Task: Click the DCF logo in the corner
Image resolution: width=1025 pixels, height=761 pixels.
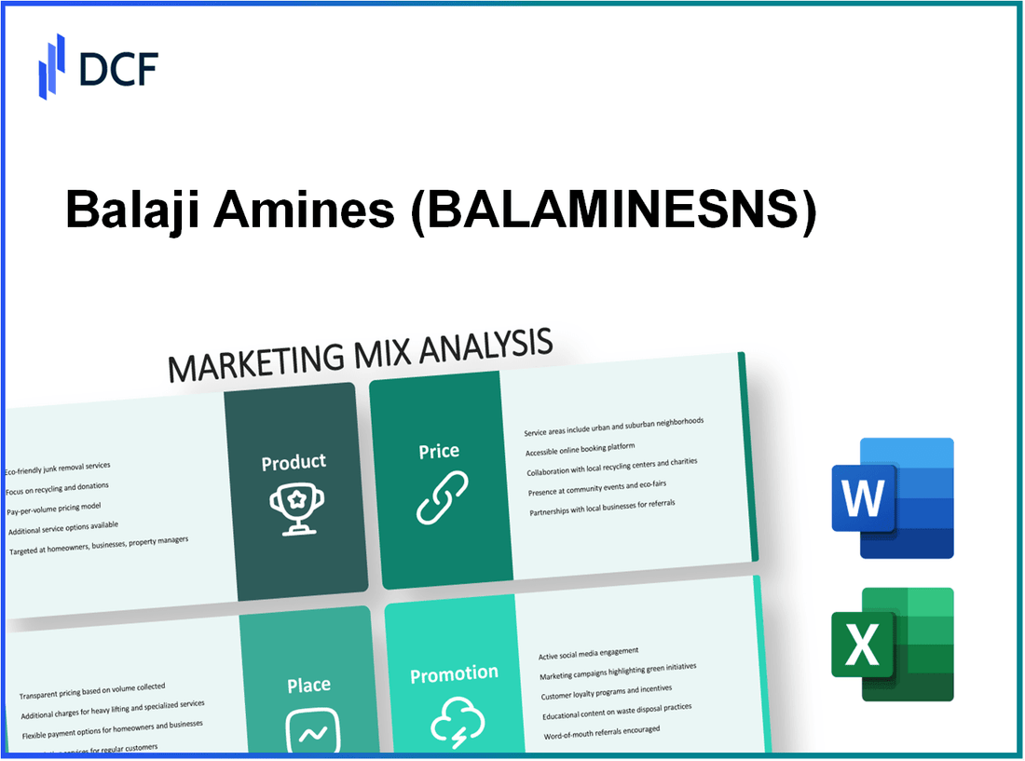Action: coord(98,67)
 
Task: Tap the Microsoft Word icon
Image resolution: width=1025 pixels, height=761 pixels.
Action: coord(892,498)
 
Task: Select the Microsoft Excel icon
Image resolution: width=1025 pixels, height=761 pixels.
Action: coord(892,645)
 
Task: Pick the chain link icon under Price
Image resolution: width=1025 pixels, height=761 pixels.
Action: coord(441,497)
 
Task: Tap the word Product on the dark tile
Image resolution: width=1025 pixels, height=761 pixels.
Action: coord(294,462)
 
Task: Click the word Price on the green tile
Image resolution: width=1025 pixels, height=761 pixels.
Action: coord(438,452)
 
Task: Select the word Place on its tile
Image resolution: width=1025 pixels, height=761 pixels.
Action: coord(308,686)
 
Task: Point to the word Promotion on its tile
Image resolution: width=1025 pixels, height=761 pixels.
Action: coord(454,673)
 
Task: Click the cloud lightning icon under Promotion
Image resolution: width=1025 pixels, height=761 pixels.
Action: coord(457,722)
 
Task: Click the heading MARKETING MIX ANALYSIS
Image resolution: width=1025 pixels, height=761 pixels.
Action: coord(360,355)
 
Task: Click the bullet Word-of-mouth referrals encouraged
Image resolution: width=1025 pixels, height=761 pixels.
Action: coord(603,730)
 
